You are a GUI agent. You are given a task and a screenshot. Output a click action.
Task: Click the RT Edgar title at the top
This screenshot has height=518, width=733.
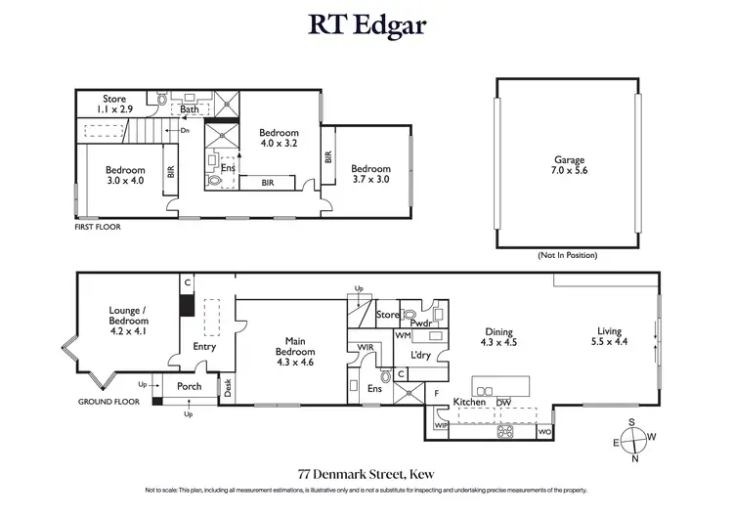point(366,22)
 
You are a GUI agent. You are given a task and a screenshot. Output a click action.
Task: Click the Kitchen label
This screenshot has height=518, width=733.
point(469,402)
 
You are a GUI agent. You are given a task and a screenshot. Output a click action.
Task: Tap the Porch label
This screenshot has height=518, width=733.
point(189,386)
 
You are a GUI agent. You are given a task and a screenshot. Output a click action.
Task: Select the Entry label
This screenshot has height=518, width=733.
point(204,346)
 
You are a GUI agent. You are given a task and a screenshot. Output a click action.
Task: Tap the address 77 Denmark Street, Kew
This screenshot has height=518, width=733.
point(366,469)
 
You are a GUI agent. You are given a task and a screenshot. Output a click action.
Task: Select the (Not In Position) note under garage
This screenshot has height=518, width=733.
point(567,254)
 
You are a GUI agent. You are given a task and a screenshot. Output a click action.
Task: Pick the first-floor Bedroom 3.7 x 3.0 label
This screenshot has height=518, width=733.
point(370,174)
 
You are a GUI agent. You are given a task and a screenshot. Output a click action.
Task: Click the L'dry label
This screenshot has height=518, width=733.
point(422,354)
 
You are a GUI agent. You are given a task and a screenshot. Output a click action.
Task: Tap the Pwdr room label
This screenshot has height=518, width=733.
point(421,322)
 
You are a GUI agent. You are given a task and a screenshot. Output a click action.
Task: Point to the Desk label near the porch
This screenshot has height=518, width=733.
point(228,388)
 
